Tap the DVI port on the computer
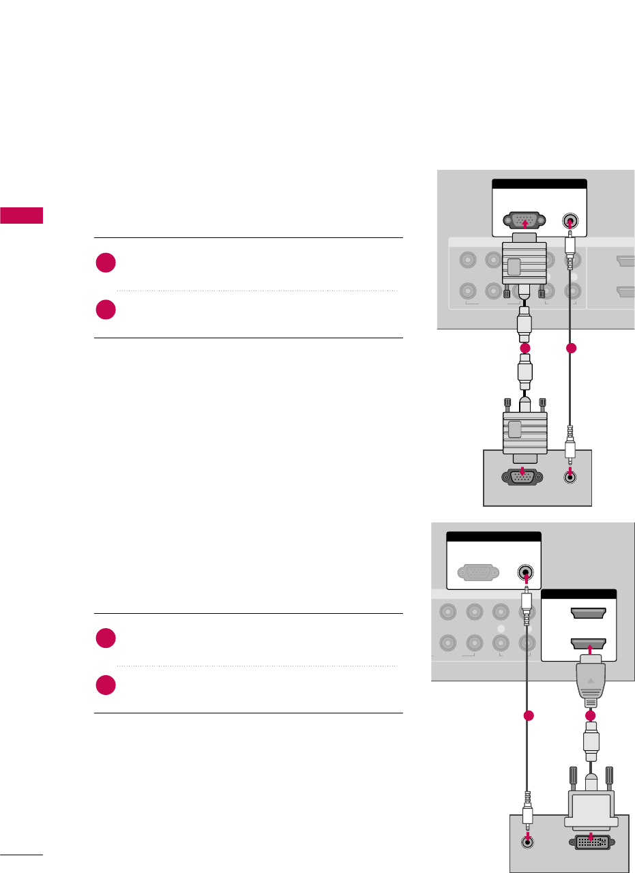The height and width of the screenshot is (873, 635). (x=590, y=842)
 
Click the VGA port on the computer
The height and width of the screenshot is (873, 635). (x=522, y=478)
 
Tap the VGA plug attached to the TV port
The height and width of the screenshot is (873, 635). (x=525, y=263)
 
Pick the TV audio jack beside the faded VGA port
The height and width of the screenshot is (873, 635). (x=525, y=572)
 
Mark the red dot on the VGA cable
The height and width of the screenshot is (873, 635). (x=525, y=349)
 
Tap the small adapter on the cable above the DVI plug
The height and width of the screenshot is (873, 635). (x=591, y=744)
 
